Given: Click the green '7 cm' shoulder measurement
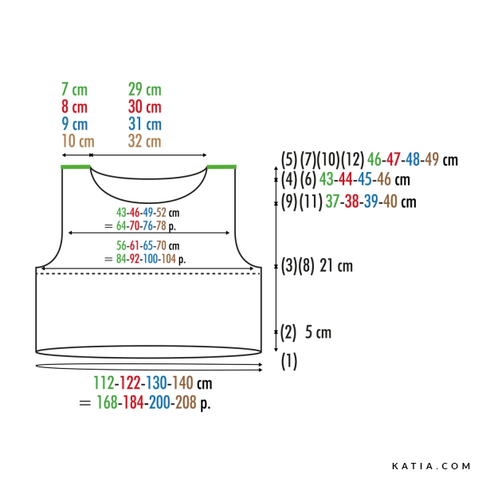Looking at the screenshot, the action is click(74, 89).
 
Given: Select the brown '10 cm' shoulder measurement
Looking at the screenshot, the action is click(78, 141).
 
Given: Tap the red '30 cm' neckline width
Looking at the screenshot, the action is click(144, 107).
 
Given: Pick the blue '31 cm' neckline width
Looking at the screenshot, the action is click(145, 124).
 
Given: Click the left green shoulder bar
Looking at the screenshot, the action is click(76, 167).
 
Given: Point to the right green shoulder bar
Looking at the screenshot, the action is click(221, 167).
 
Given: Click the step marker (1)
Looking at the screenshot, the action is click(288, 362).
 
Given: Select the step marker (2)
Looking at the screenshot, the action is click(288, 332).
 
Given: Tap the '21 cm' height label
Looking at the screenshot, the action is click(336, 266).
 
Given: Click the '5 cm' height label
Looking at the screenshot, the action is click(318, 332).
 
